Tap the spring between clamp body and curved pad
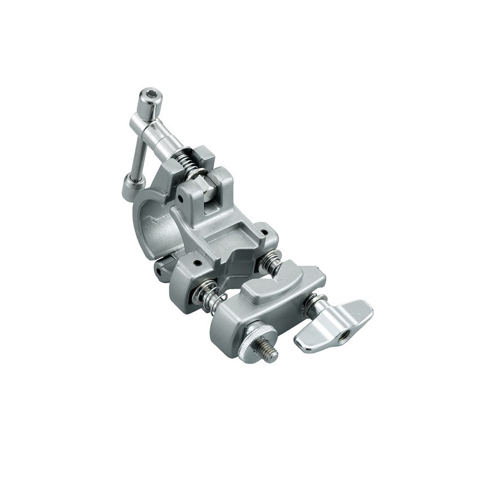click(272, 262)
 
